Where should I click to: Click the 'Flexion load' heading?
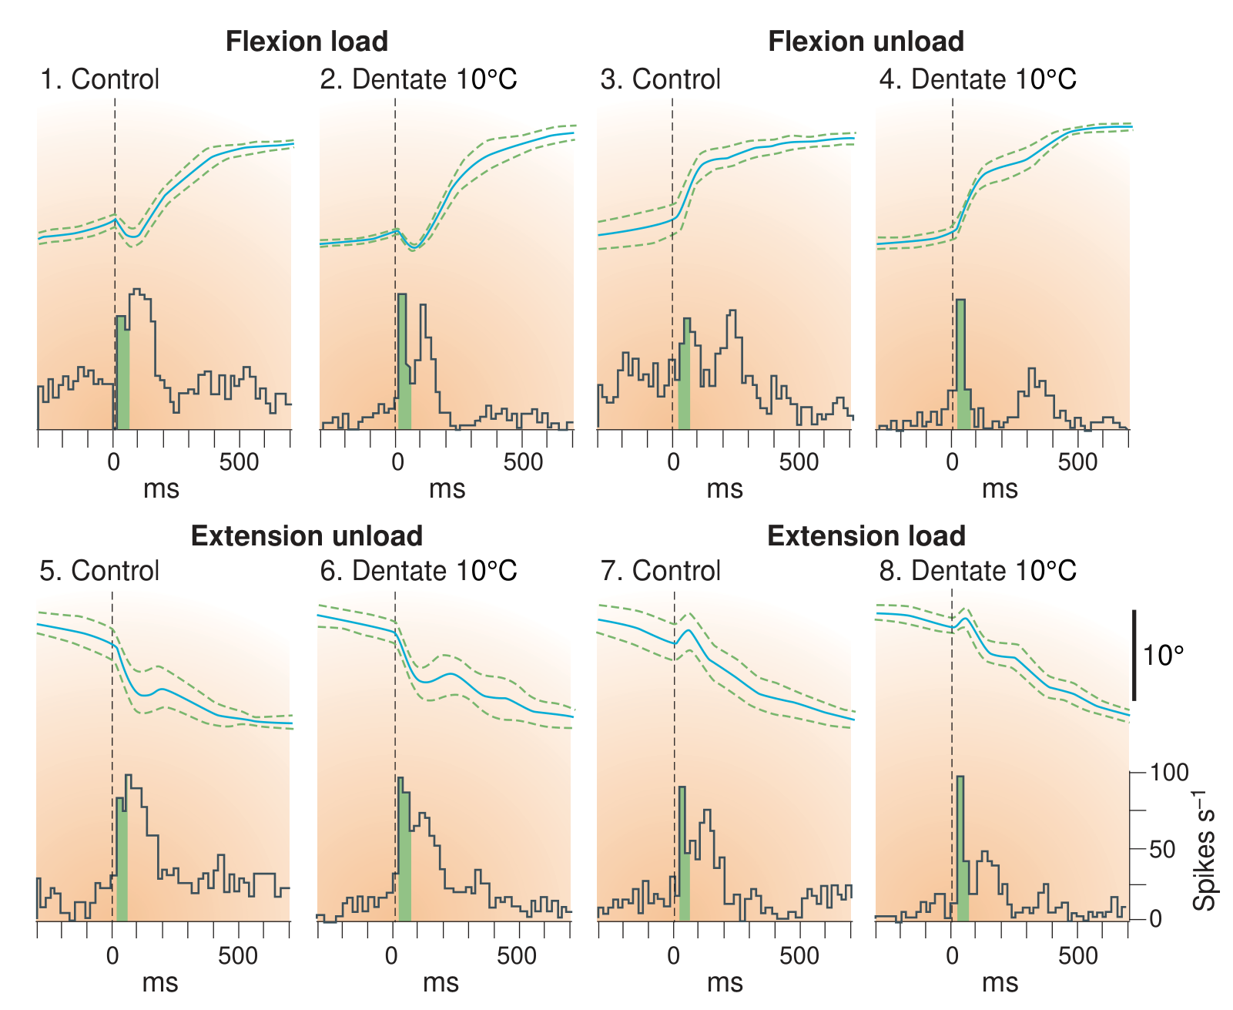click(307, 42)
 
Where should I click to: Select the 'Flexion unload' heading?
click(866, 42)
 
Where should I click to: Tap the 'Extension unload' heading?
click(307, 535)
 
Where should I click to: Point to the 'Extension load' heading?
click(866, 535)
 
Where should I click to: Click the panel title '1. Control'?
click(99, 79)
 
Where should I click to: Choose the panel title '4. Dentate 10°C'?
click(977, 79)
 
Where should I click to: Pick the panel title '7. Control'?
click(661, 570)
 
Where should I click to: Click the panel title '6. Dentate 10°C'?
click(419, 570)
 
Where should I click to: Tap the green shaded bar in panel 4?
click(963, 364)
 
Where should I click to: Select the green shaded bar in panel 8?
click(962, 848)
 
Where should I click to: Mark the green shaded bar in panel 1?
click(122, 373)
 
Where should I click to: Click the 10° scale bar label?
click(1163, 656)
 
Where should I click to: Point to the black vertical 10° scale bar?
click(1134, 655)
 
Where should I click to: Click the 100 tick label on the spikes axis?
click(1168, 773)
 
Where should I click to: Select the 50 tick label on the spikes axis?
click(1161, 849)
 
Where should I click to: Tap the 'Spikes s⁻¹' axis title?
click(1205, 851)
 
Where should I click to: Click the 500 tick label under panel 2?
click(523, 462)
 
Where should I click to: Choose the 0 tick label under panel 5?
click(112, 956)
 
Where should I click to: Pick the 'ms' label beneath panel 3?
click(725, 489)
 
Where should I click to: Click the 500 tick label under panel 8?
click(1077, 956)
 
